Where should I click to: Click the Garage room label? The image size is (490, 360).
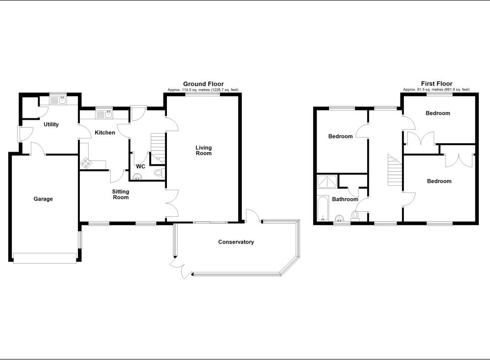point(43,199)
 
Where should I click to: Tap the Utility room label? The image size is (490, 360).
point(51,125)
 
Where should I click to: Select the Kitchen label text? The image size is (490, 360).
point(105,133)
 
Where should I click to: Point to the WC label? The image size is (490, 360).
point(140,166)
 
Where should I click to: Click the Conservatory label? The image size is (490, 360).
point(236,242)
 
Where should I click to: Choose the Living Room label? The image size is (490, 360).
point(204,150)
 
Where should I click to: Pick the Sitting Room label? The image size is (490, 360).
point(121,195)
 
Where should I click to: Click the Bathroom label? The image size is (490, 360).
point(345,200)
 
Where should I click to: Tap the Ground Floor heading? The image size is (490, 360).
point(203,84)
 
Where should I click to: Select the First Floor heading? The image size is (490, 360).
point(437,84)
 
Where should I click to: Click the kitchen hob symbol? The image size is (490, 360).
point(86,162)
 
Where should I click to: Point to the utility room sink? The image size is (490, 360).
point(62,100)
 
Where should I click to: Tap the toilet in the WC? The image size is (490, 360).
point(158,173)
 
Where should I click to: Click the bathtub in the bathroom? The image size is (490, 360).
point(324,209)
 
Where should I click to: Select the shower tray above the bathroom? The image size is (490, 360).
point(327,182)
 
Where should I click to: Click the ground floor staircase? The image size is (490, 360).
point(158,145)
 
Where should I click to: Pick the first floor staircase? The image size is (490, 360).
point(395,171)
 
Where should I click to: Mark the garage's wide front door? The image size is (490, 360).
point(45,258)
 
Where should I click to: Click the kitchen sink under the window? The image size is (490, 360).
point(107,114)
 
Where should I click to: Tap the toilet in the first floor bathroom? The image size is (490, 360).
point(355,215)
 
